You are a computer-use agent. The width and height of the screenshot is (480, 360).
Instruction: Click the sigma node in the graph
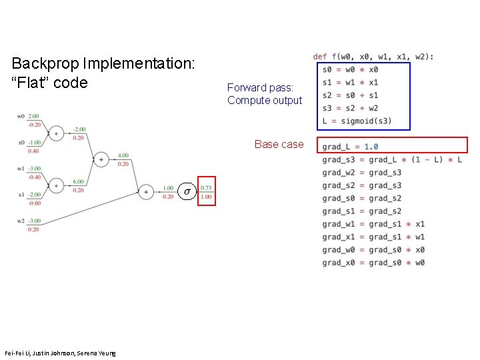[x=187, y=192]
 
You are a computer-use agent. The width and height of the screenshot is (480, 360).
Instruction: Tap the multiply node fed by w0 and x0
[x=57, y=133]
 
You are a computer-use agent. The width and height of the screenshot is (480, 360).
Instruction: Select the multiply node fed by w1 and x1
[x=57, y=185]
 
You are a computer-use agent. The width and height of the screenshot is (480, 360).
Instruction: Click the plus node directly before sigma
[x=146, y=192]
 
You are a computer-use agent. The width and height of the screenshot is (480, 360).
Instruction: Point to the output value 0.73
[x=207, y=188]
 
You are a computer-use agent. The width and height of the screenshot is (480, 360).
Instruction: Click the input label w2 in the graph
[x=21, y=221]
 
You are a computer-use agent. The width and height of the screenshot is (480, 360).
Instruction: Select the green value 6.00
[x=78, y=181]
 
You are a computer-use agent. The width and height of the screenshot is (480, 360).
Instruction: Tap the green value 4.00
[x=123, y=155]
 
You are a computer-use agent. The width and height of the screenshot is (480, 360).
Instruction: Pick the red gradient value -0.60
[x=34, y=203]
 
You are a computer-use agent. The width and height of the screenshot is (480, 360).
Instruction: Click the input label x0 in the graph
[x=21, y=143]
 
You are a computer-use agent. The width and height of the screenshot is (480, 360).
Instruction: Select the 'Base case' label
[x=279, y=144]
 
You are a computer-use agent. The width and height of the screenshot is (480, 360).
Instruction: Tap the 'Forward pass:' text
[x=256, y=87]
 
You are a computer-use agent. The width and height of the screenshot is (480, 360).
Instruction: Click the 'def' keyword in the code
[x=320, y=57]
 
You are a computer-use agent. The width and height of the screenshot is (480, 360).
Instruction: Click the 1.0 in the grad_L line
[x=371, y=147]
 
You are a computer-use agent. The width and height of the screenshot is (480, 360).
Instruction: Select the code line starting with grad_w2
[x=362, y=173]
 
